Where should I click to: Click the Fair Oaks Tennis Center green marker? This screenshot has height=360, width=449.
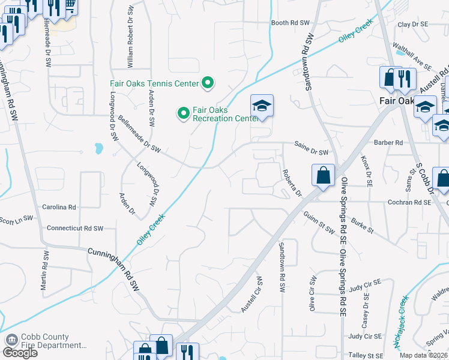pos(208,83)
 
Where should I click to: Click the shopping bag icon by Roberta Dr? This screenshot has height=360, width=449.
pos(323,176)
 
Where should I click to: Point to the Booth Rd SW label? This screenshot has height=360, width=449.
pos(290,23)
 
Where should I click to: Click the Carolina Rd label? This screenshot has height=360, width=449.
pos(59,207)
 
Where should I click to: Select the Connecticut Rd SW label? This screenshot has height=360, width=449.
pos(75,229)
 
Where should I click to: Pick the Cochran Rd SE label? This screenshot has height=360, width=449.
pos(410,203)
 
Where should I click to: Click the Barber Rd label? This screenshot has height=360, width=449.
pos(390,143)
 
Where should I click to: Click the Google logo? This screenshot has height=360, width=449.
pos(20,353)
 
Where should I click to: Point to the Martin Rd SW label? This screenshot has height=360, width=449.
pos(44,271)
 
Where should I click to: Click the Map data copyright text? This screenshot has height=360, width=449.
pos(424,355)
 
